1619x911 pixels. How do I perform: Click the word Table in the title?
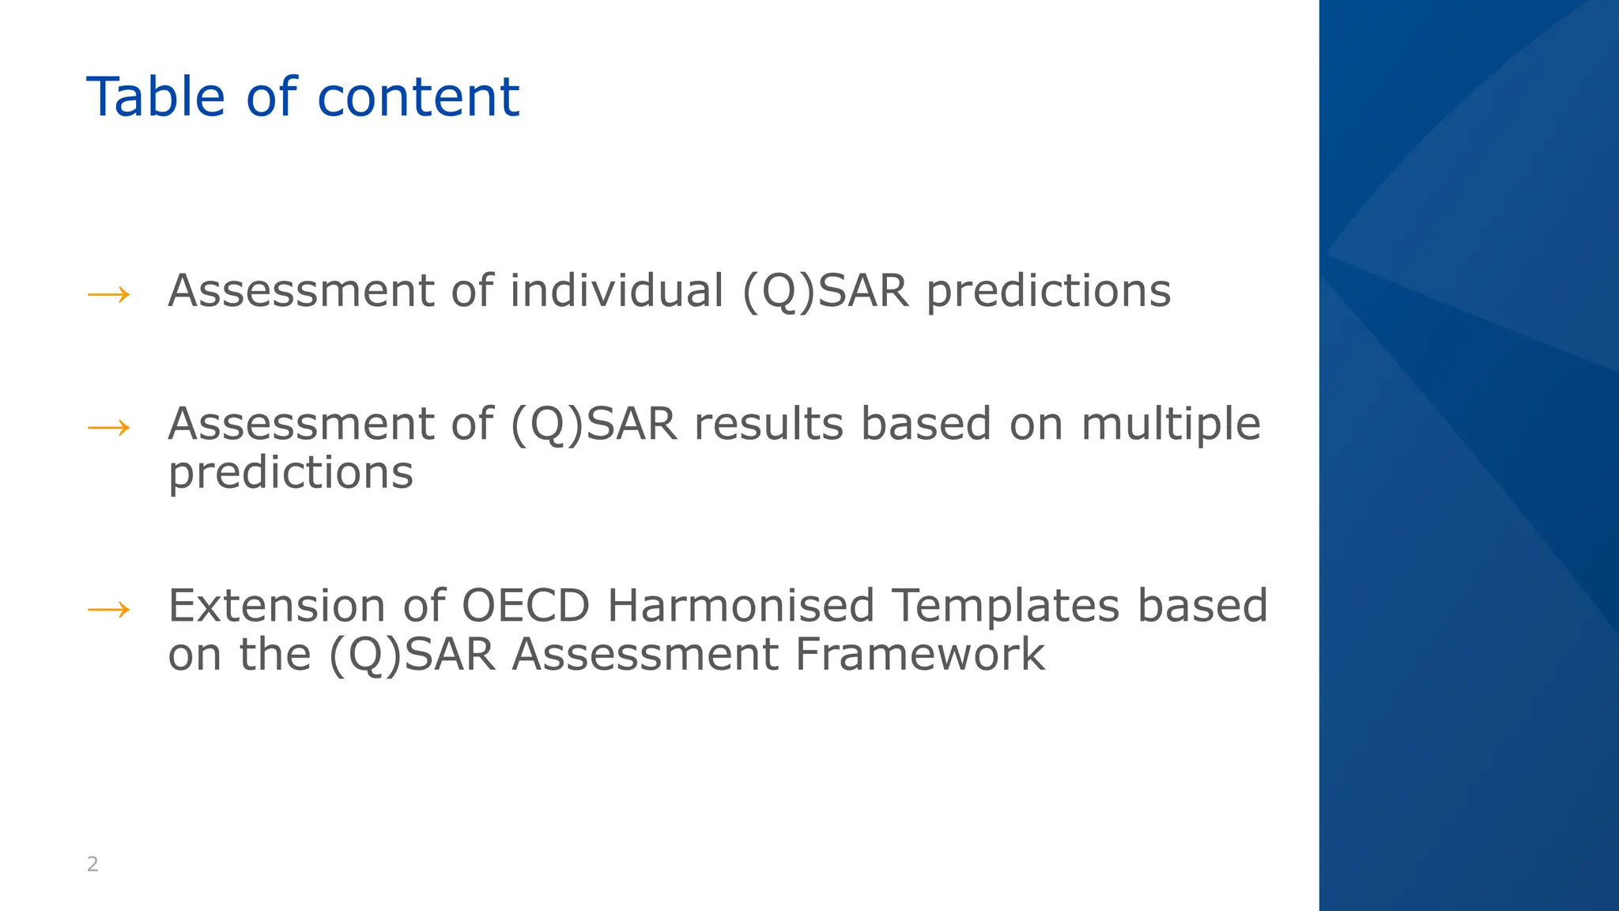click(x=156, y=97)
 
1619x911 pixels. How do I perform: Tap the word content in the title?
click(x=418, y=97)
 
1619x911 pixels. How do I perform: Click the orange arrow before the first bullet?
click(x=108, y=296)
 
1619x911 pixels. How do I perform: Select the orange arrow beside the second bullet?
click(x=108, y=429)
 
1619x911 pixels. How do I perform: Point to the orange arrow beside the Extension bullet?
click(x=108, y=610)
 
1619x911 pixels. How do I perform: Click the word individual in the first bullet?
click(x=617, y=290)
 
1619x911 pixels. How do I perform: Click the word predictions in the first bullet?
click(x=1048, y=292)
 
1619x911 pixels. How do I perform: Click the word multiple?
click(x=1170, y=425)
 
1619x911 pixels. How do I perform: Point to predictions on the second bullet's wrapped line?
click(x=290, y=474)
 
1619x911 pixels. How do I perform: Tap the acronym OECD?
click(x=525, y=606)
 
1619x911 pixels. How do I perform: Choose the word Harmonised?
click(x=740, y=606)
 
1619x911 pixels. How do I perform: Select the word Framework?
click(x=919, y=655)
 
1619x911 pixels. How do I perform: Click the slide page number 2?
click(x=92, y=864)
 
